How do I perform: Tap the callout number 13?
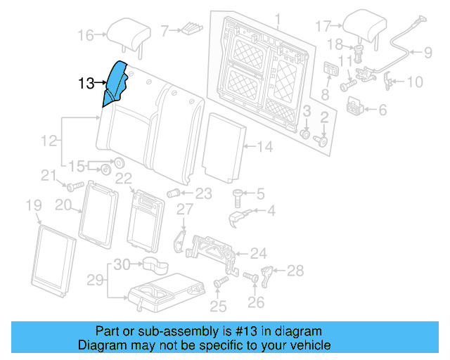click(x=86, y=84)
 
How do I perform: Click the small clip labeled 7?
click(x=191, y=29)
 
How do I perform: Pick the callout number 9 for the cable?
click(x=427, y=51)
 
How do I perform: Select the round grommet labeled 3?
click(x=306, y=133)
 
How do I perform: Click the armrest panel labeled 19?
click(x=53, y=259)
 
